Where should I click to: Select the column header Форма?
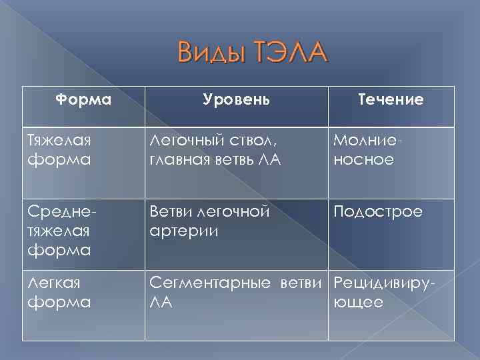coord(83,99)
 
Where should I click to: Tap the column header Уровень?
coord(237,99)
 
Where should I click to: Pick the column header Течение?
coord(391,99)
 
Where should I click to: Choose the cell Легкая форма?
coord(59,292)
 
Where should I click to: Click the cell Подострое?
coord(377,211)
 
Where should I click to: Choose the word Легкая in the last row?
coord(53,283)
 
